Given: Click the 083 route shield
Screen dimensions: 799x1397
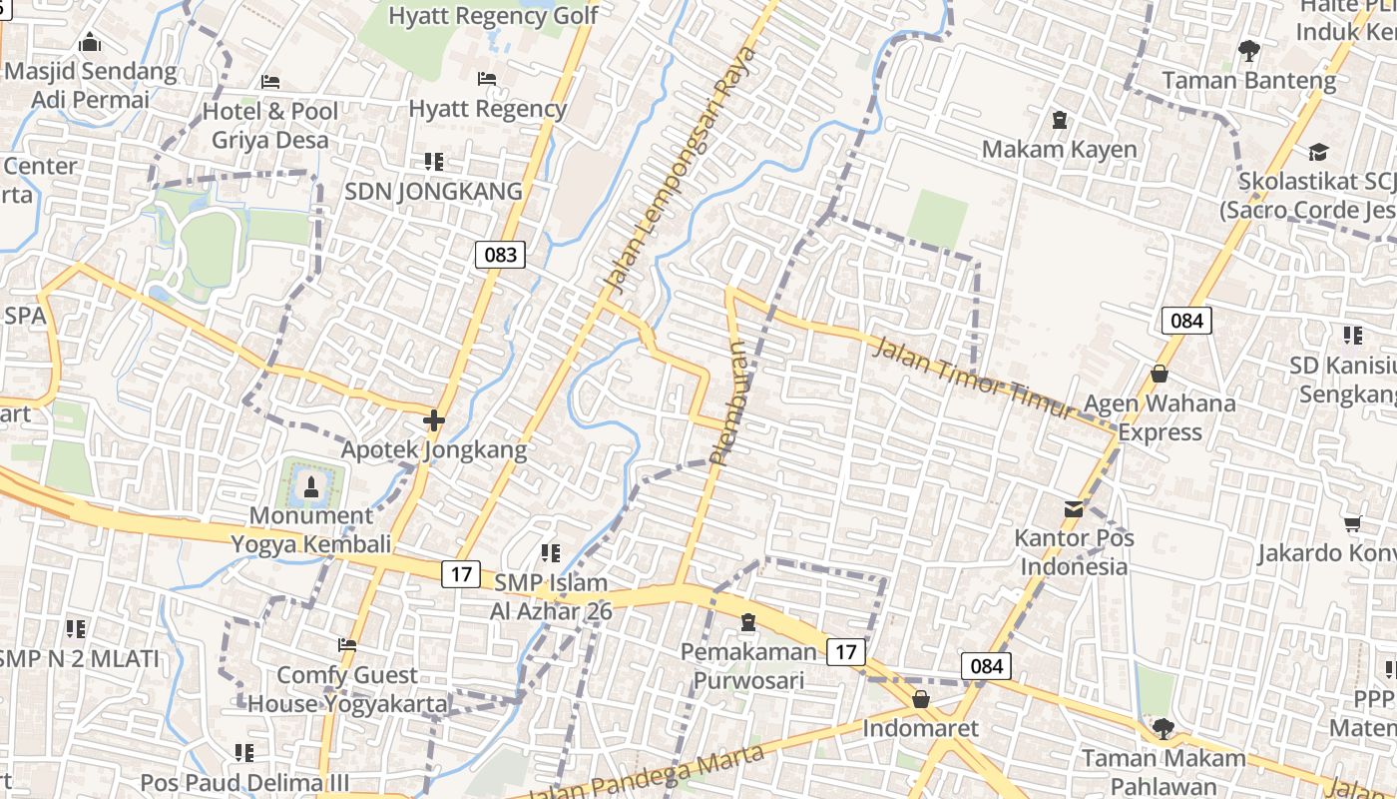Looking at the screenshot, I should (500, 254).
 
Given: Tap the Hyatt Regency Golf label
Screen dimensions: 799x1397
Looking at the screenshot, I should (493, 16).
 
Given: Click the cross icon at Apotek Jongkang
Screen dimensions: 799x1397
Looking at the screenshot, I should (433, 420).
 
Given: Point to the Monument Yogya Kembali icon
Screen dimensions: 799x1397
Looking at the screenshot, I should (311, 487).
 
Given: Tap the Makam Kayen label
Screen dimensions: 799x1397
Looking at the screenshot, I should (1059, 150).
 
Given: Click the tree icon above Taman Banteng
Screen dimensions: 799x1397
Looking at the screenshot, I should (1247, 49).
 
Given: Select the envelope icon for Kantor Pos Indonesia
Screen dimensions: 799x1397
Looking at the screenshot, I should (1074, 509).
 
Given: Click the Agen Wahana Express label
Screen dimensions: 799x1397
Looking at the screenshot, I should (1160, 417).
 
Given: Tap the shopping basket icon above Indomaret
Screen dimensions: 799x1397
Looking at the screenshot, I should (921, 698).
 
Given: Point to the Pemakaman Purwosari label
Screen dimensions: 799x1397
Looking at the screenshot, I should (741, 666).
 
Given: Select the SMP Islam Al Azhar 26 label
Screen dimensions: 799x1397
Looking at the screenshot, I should (549, 596).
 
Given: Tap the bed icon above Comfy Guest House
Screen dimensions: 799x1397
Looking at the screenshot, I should (347, 645).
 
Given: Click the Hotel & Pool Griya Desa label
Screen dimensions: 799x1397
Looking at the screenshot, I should (269, 125).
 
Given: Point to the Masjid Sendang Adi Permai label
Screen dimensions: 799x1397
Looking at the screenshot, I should (90, 85).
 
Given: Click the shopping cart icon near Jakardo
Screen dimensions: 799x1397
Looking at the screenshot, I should (1352, 523).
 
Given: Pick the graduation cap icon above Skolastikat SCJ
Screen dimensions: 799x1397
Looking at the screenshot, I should (1318, 153).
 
